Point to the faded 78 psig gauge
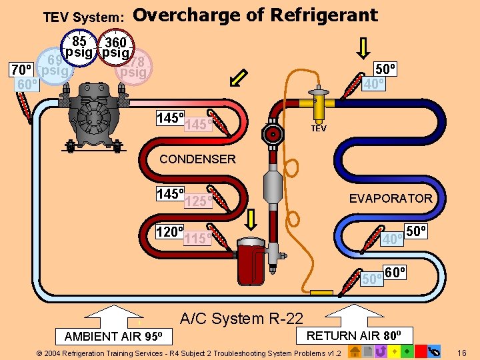(135, 67)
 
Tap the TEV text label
(319, 128)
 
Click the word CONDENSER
(197, 159)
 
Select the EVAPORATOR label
(391, 198)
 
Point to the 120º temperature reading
(169, 232)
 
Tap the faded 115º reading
(198, 238)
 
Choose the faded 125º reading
(198, 201)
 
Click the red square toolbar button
(421, 351)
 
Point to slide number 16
(463, 351)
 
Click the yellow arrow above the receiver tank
(252, 219)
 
